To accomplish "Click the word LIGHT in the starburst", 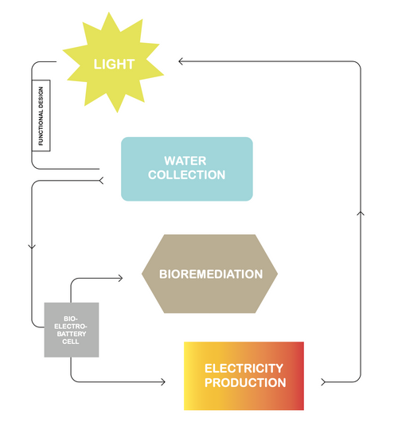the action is point(114,64).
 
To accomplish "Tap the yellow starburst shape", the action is point(113,62).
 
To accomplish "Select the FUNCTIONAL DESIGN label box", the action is point(41,115).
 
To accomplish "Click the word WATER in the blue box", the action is point(185,161).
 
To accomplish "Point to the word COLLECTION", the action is point(186,174).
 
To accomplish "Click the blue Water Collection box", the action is point(187,169).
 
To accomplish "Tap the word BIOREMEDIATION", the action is point(211,274).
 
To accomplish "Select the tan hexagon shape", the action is point(209,274).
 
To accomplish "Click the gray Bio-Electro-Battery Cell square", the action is point(72,330).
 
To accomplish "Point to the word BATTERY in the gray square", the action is point(72,334).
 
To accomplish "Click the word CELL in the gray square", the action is point(71,342).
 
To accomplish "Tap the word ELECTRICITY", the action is point(244,369).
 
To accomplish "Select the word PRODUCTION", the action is point(245,382).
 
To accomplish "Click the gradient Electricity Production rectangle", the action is point(244,376).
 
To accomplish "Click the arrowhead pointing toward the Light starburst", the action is point(180,61).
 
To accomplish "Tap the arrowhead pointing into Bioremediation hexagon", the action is point(121,278).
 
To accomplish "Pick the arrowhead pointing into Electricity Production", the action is point(163,382).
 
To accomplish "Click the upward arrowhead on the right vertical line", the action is point(361,213).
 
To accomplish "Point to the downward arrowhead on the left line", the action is point(32,246).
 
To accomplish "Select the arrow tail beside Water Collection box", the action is point(101,181).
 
